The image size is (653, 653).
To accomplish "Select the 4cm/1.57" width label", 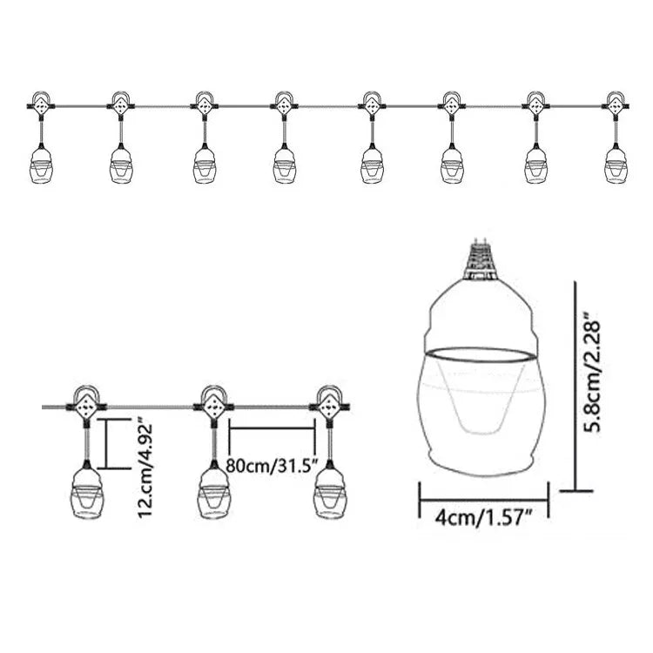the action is click(483, 518).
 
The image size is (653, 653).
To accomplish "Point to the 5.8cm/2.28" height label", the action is click(591, 376).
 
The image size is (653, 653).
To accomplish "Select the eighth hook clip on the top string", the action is click(616, 104).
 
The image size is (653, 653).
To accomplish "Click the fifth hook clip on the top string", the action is click(371, 104).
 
